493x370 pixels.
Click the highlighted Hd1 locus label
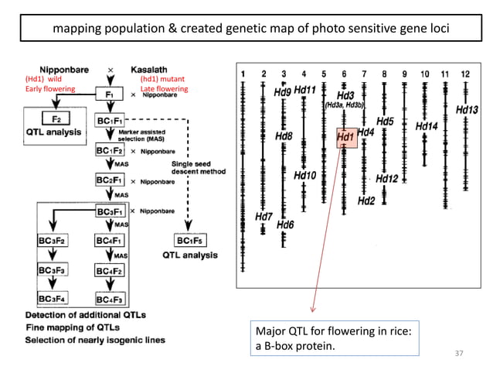[x=345, y=137]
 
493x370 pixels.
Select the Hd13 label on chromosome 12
[x=467, y=111]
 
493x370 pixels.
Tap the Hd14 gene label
[x=427, y=125]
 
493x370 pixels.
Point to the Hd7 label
[x=263, y=217]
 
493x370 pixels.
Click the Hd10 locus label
[x=304, y=176]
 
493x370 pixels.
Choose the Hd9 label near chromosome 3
[x=283, y=92]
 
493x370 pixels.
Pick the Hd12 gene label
[x=386, y=179]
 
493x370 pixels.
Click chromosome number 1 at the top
[x=244, y=74]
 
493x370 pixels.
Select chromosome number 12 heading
[x=464, y=74]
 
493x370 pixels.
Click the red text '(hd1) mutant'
[x=160, y=79]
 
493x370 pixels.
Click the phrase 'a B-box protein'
[x=296, y=345]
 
